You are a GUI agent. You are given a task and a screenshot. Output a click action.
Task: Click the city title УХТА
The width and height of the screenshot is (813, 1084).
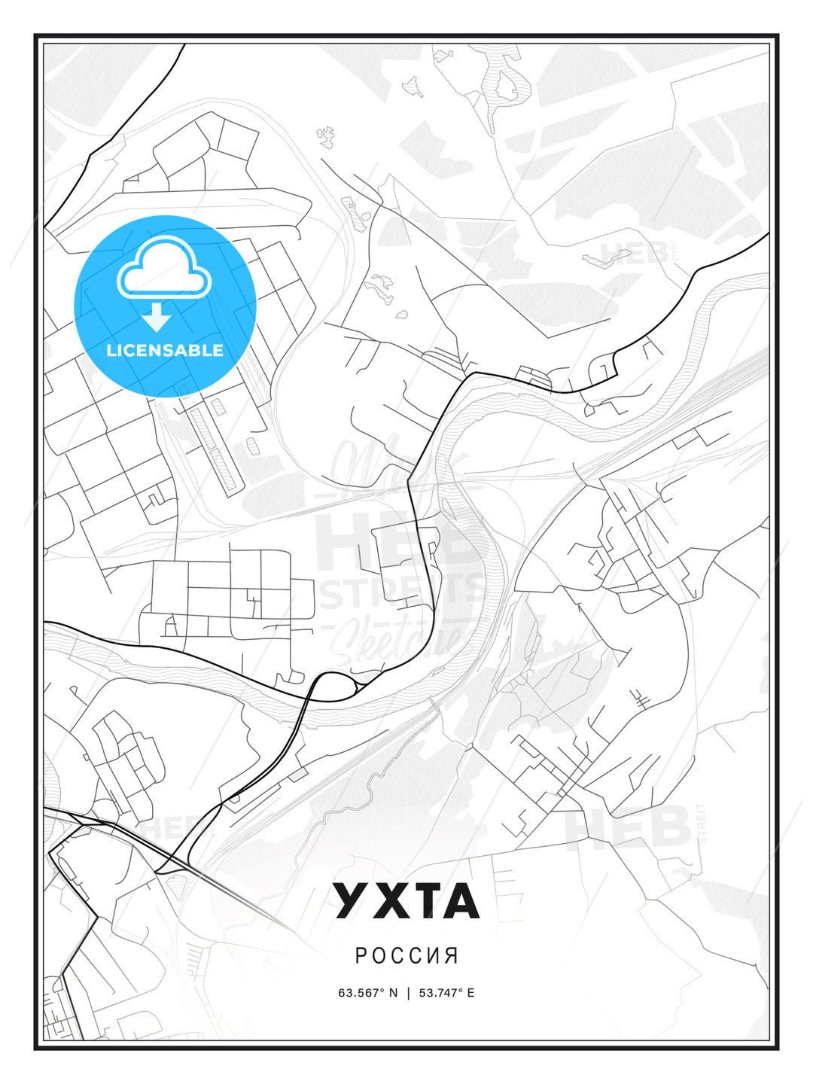(406, 901)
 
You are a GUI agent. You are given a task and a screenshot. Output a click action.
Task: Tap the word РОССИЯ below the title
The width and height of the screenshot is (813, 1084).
(406, 956)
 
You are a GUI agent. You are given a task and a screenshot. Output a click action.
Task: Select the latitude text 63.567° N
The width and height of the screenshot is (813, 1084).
(367, 992)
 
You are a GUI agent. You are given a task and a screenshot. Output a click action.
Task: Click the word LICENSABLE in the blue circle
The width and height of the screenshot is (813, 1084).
(165, 350)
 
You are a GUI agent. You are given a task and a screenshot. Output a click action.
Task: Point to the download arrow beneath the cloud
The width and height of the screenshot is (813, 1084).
(157, 317)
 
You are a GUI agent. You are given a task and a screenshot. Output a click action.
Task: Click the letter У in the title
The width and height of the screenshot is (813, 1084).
(352, 901)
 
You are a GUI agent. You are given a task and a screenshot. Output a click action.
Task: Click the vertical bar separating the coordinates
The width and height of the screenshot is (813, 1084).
(407, 992)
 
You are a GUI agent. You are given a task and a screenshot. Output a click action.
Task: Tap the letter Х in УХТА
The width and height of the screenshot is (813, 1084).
(388, 901)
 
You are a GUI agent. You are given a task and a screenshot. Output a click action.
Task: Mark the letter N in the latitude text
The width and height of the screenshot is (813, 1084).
(392, 992)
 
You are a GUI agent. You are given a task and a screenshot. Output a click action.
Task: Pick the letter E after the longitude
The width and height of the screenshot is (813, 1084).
(470, 992)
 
